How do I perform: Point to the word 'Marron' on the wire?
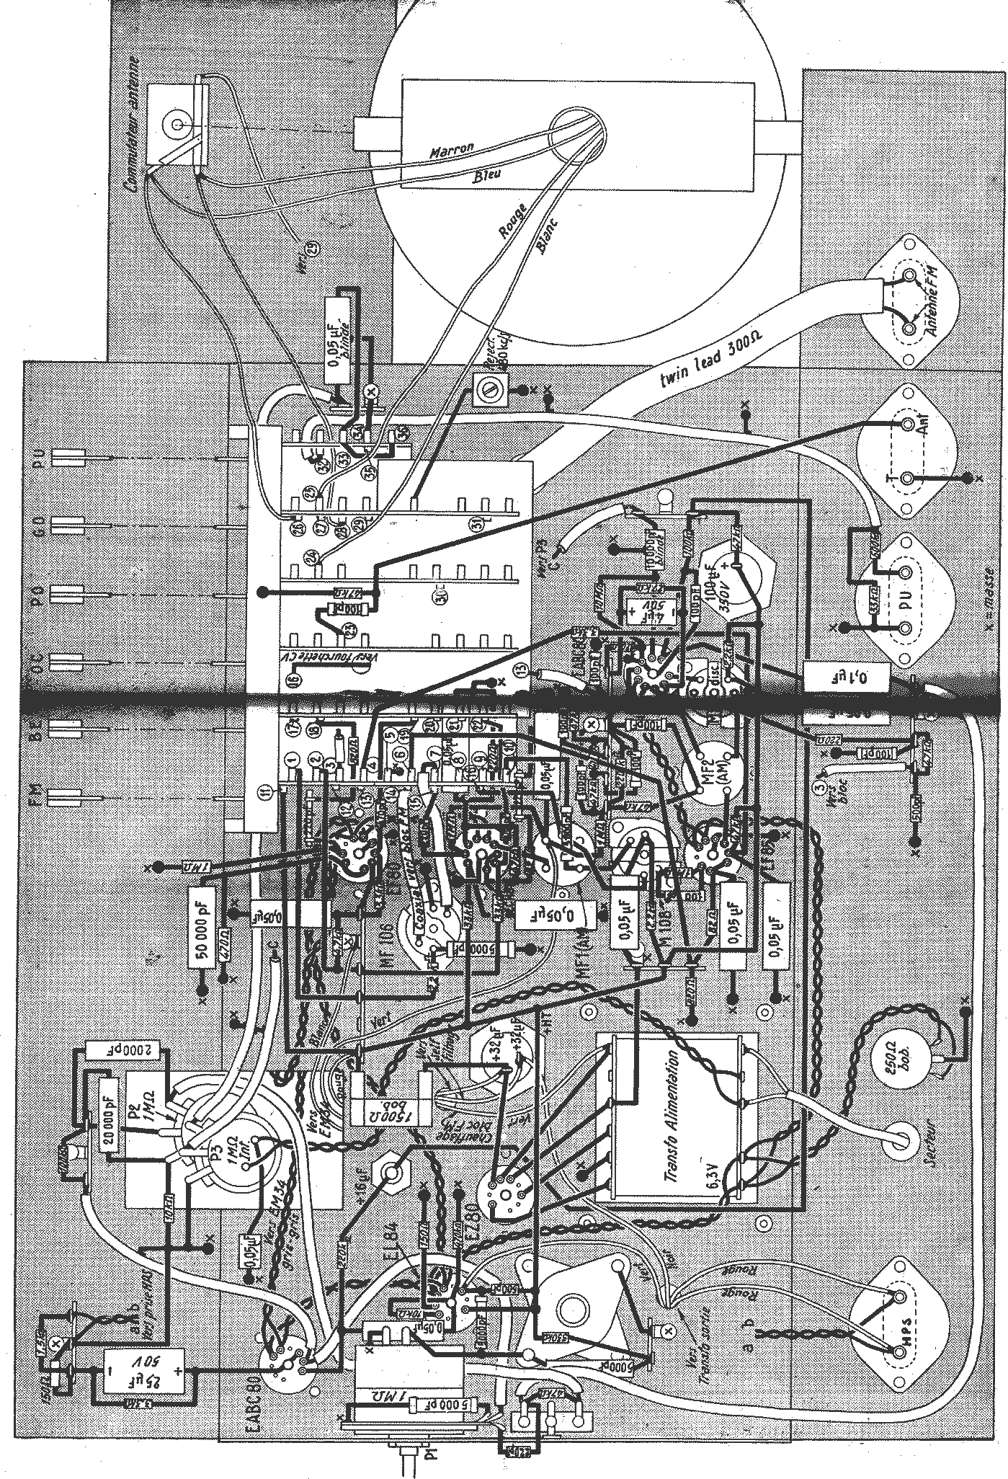coord(451,150)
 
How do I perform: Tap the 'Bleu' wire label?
coord(487,176)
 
